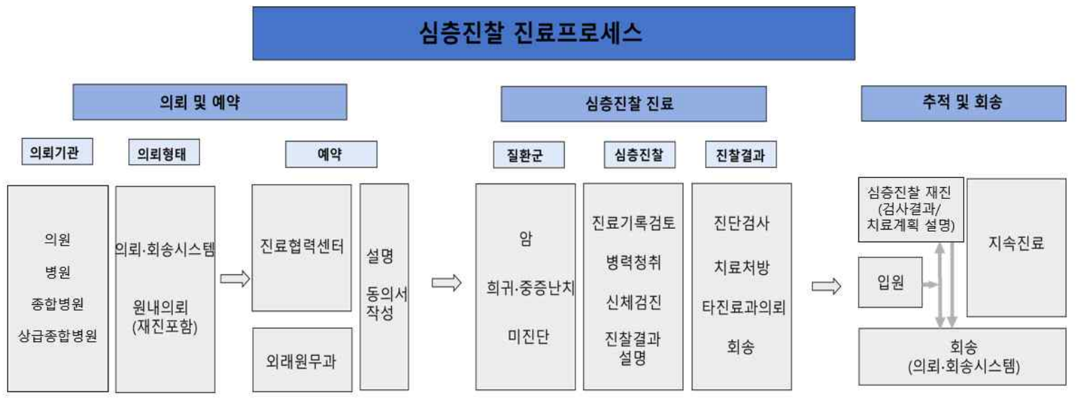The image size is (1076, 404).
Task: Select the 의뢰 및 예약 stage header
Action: tap(210, 102)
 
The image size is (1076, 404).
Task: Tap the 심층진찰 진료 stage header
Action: tap(633, 104)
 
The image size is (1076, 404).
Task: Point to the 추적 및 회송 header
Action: tap(963, 103)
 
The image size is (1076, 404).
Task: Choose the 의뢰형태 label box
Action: tap(164, 153)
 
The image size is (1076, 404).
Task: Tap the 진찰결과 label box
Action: tap(741, 155)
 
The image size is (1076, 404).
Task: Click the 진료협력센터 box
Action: tap(301, 248)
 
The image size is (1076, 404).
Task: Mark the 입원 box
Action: tap(890, 283)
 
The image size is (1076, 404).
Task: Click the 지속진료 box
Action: tap(1016, 244)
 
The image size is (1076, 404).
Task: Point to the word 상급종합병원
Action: tap(58, 336)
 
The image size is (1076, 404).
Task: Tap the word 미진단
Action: tap(526, 336)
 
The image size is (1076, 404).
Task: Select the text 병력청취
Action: tap(633, 262)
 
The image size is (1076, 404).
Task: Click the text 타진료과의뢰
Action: tap(741, 308)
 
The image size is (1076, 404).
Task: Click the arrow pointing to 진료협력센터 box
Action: tap(235, 279)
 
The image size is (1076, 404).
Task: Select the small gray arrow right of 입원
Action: tap(930, 284)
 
